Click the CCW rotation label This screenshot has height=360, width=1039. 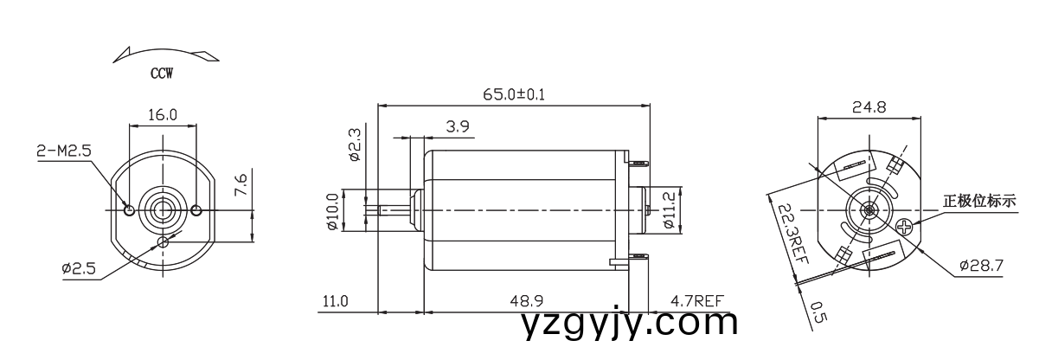click(x=162, y=74)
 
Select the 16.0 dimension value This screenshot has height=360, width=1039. click(x=162, y=114)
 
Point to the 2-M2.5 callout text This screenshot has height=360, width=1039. click(x=63, y=151)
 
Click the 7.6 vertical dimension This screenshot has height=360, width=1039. click(x=242, y=185)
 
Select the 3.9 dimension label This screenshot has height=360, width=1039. click(x=458, y=126)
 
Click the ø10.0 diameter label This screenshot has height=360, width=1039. click(x=332, y=211)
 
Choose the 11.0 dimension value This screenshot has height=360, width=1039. click(x=335, y=301)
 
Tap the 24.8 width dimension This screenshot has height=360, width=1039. click(x=869, y=108)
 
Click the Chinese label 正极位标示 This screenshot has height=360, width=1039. click(x=979, y=202)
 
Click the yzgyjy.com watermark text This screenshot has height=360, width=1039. click(x=631, y=324)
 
